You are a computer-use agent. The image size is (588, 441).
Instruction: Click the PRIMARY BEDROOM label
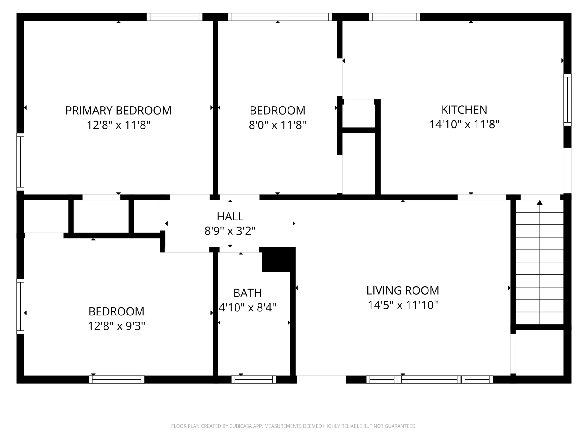tap(118, 110)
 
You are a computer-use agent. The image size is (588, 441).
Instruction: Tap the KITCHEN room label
tap(464, 110)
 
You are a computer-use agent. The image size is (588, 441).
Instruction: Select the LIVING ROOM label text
tap(403, 290)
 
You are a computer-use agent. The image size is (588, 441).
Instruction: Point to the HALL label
tap(230, 217)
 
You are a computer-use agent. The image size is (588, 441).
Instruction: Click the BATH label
tap(247, 293)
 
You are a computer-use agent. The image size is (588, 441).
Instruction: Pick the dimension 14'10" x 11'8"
tap(464, 124)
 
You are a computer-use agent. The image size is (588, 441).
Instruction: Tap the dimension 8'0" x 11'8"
tap(277, 125)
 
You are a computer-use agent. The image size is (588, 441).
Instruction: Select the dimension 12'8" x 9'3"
tap(116, 326)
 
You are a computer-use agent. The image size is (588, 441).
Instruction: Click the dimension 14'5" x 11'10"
tap(403, 305)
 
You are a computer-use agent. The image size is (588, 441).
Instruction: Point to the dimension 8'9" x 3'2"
tap(230, 231)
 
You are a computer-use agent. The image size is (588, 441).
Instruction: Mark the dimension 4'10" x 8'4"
tap(247, 307)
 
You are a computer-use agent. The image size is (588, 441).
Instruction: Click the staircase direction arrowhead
tap(540, 202)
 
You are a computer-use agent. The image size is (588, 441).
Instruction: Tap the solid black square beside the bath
tap(276, 260)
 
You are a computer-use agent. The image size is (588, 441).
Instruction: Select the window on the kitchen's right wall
tap(567, 100)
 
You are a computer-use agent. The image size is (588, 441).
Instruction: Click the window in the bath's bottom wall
tap(254, 379)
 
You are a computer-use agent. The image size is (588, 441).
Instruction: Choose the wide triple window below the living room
tap(429, 379)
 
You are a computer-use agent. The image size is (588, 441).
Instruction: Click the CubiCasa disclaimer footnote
tap(294, 426)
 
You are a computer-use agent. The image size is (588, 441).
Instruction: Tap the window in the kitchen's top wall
tap(394, 17)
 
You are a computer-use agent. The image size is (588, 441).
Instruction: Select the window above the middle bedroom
tap(280, 17)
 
